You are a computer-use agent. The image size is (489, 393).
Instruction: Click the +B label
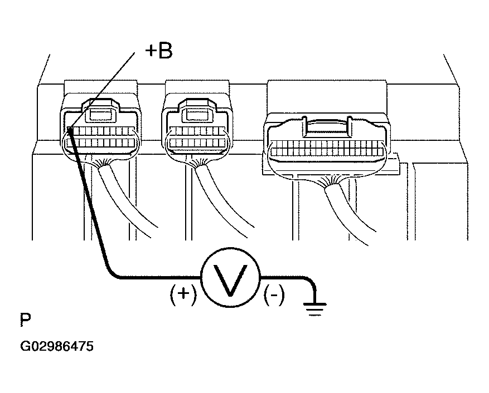pyautogui.click(x=159, y=51)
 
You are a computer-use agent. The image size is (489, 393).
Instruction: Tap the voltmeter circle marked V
pyautogui.click(x=230, y=277)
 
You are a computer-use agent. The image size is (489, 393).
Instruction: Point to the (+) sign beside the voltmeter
pyautogui.click(x=183, y=294)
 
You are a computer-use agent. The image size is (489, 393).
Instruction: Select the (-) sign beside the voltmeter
pyautogui.click(x=274, y=294)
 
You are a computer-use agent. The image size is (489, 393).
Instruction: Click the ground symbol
pyautogui.click(x=314, y=308)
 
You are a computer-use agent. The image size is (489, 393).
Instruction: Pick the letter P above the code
pyautogui.click(x=26, y=320)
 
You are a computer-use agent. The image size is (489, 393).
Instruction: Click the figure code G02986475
pyautogui.click(x=57, y=346)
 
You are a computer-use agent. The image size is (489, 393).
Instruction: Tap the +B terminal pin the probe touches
pyautogui.click(x=70, y=130)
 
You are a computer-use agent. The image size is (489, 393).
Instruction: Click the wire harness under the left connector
pyautogui.click(x=127, y=199)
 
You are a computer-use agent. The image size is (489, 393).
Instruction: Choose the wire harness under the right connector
pyautogui.click(x=349, y=212)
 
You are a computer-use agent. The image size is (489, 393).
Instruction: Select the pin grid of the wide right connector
pyautogui.click(x=327, y=148)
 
